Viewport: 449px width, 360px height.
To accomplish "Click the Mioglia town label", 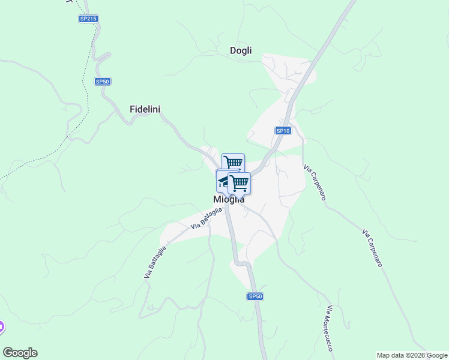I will (x=229, y=199).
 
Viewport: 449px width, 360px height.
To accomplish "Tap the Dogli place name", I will (x=241, y=50).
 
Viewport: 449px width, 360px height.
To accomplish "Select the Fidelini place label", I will (x=145, y=109).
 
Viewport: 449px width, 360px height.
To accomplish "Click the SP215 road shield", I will (x=88, y=19).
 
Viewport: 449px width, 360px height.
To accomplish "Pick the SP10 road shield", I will (x=283, y=130).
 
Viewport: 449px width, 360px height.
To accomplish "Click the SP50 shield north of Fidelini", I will (x=103, y=81).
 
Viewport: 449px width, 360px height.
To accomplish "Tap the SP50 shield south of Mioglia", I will (x=255, y=296).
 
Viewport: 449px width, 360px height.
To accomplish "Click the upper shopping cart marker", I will (x=233, y=163).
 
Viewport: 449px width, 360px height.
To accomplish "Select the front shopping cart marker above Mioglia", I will (x=240, y=182).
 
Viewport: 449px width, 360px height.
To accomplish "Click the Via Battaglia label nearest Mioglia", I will (x=206, y=218).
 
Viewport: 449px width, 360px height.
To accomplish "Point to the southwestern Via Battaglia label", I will (x=155, y=262).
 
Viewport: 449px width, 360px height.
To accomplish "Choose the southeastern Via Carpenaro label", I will (x=375, y=247).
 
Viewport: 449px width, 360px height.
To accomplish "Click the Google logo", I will (x=20, y=353).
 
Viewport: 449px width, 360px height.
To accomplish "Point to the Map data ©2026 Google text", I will (x=412, y=355).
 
